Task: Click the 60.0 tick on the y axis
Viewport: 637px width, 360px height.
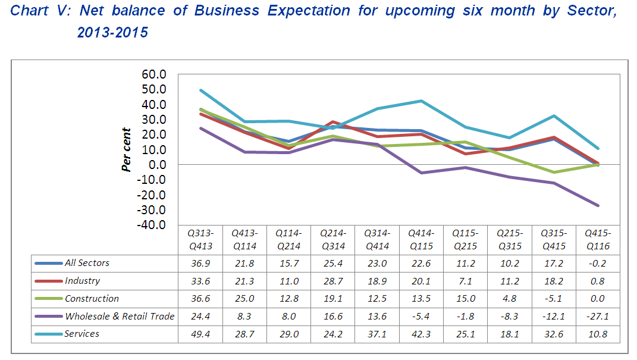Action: (153, 74)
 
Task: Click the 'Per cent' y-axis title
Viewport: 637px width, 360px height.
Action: (126, 150)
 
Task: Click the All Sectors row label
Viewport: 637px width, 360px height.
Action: (87, 262)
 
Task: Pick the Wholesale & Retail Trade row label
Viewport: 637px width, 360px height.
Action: (120, 316)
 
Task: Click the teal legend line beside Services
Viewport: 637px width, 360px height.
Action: (49, 334)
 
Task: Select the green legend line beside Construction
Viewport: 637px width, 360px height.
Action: (49, 298)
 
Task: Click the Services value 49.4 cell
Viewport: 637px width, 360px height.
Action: (200, 334)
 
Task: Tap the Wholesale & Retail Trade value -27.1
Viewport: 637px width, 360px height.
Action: (597, 317)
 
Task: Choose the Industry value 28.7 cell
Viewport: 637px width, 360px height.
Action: (333, 281)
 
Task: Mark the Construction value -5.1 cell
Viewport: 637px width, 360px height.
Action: (553, 299)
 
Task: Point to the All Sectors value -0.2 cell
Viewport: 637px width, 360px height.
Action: (597, 263)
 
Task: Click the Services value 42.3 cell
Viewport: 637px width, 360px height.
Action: (421, 334)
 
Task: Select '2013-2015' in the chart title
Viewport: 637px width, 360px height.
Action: (112, 33)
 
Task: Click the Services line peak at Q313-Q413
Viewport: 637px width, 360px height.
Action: (201, 90)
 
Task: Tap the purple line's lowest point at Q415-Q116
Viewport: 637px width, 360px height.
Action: (598, 205)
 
